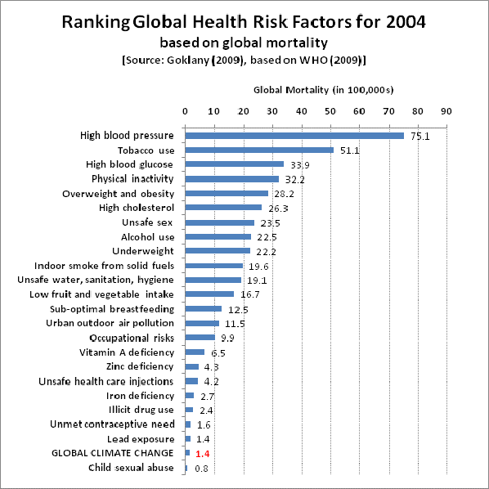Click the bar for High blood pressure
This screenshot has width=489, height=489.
(294, 136)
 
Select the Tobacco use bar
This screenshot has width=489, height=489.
(259, 150)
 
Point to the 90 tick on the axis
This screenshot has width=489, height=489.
(446, 110)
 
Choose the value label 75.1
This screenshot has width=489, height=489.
(419, 137)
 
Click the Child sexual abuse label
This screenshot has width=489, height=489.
(131, 467)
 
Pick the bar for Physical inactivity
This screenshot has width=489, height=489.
(232, 179)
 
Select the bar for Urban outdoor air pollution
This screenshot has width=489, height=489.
(202, 323)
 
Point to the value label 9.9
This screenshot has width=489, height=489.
(227, 339)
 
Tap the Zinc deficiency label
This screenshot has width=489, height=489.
(140, 366)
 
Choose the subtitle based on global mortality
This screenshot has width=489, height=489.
(244, 42)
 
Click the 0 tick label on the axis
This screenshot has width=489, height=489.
(186, 110)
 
